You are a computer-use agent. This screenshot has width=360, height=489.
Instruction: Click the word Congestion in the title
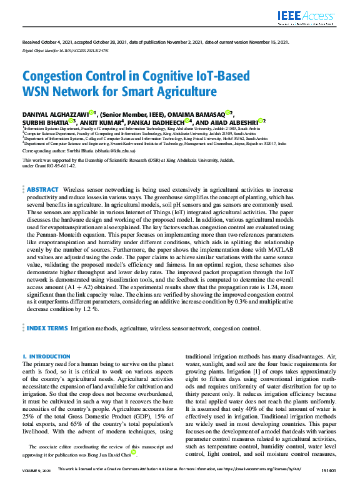(x=54, y=77)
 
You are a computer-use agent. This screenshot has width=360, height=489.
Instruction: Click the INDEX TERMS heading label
(x=46, y=327)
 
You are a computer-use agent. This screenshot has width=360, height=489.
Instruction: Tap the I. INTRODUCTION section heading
(x=47, y=356)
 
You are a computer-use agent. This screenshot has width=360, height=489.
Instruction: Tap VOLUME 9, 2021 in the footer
(x=37, y=485)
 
